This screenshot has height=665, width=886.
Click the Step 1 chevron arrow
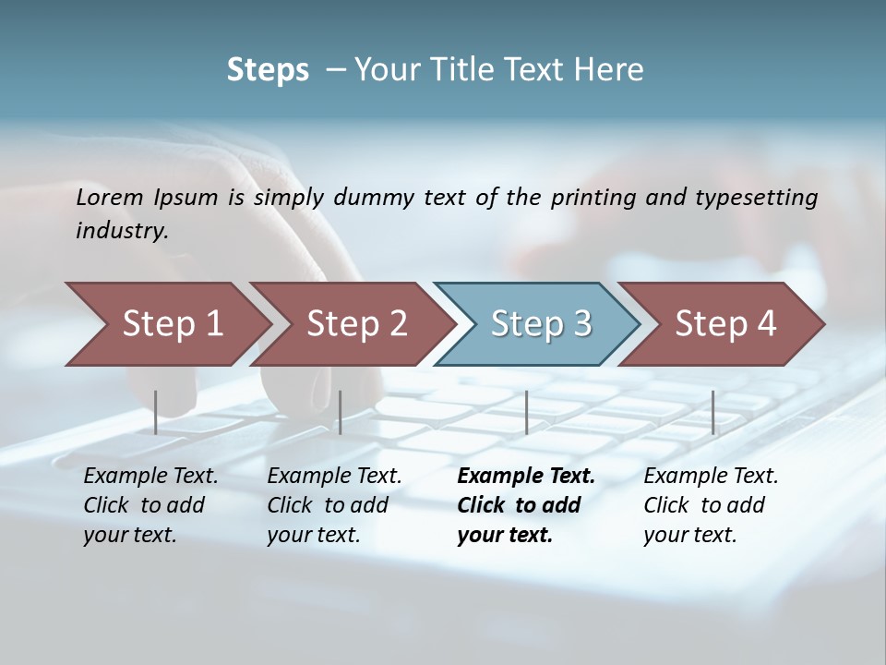tap(171, 324)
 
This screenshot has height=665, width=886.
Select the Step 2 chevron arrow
tap(355, 324)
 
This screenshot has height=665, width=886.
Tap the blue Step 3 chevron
tap(540, 324)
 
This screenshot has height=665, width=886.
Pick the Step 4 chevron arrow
tap(724, 324)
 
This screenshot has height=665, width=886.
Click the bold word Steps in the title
tap(268, 70)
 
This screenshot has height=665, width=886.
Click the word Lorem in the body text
tap(110, 197)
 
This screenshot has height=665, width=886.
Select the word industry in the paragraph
tap(122, 231)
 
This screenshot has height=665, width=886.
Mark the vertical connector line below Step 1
tap(156, 412)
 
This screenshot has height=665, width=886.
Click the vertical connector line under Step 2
tap(341, 412)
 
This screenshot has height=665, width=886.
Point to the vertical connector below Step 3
tap(526, 412)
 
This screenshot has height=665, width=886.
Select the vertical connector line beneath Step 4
tap(712, 412)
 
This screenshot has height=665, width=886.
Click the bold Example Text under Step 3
tap(526, 477)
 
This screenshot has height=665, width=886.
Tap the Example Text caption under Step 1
tap(150, 477)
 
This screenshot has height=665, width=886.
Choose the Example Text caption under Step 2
tap(334, 477)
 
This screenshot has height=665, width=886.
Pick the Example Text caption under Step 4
tap(711, 477)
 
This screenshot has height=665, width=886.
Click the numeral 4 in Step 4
tap(765, 324)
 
